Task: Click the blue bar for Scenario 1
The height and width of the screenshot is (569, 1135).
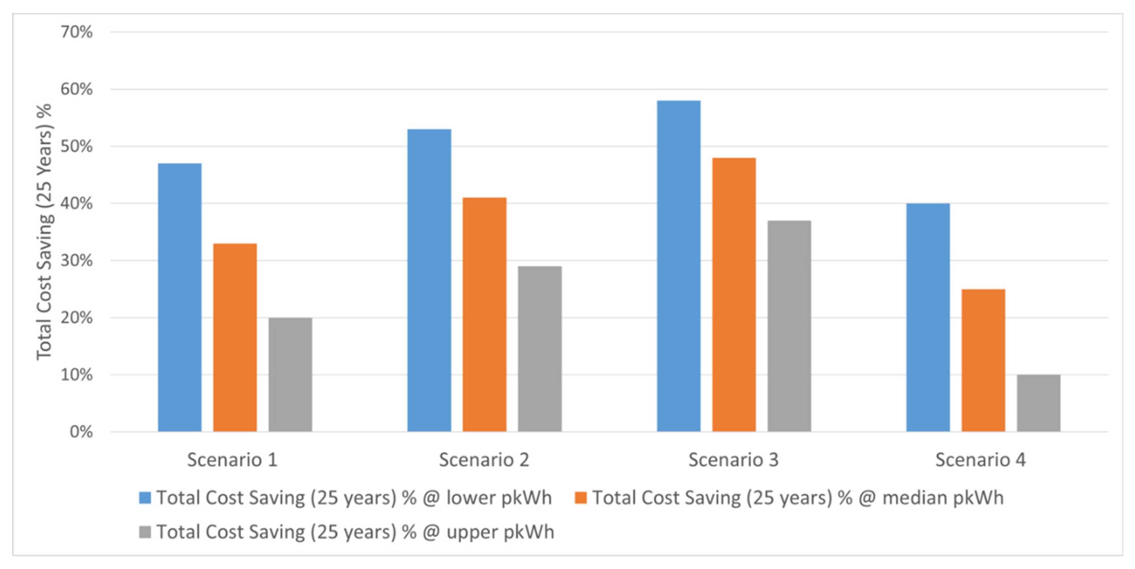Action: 180,297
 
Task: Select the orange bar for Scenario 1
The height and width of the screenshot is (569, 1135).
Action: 235,337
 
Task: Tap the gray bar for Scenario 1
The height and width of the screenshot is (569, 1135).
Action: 290,374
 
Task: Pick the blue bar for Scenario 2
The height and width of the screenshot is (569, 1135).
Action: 429,280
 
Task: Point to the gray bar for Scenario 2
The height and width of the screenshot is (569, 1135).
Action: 540,349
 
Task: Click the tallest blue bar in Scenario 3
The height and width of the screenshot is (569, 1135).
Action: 679,266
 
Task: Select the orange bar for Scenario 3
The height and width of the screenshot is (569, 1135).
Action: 734,294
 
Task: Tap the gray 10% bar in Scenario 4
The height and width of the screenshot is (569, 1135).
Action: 1039,403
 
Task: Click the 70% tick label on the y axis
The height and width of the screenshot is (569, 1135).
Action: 77,32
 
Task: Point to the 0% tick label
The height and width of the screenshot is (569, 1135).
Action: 81,432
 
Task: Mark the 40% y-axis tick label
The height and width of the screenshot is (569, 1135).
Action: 77,204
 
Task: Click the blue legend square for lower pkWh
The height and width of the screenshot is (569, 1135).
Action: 145,498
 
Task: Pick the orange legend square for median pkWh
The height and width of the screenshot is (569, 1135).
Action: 581,498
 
